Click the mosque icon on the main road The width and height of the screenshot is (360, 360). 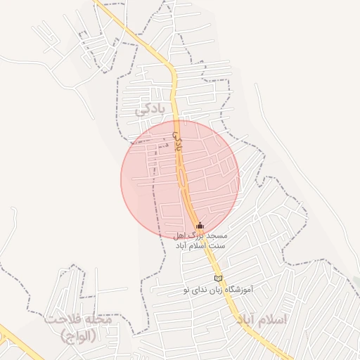pyautogui.click(x=200, y=226)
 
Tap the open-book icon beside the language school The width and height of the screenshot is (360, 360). pyautogui.click(x=218, y=279)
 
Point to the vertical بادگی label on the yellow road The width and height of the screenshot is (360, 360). pyautogui.click(x=177, y=139)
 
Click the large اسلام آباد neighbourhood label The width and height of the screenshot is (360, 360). pyautogui.click(x=257, y=320)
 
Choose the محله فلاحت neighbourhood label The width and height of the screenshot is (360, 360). pyautogui.click(x=77, y=319)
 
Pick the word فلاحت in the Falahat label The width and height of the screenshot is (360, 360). pyautogui.click(x=60, y=319)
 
